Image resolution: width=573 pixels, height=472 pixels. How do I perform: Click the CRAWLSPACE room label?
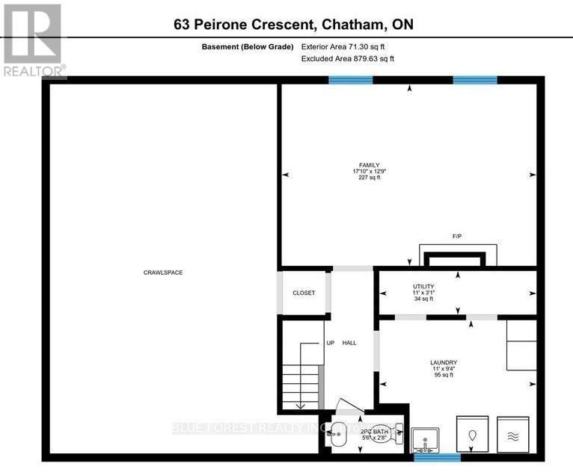click(163, 273)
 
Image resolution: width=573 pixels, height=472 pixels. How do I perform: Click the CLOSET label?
click(304, 293)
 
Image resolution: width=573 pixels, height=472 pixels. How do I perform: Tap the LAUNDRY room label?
click(444, 363)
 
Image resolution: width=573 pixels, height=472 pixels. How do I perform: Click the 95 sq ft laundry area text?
click(444, 375)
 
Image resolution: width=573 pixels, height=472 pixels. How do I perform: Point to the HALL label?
click(349, 343)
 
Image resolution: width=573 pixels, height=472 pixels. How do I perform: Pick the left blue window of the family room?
click(351, 80)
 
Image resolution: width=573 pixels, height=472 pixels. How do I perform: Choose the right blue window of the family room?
click(475, 80)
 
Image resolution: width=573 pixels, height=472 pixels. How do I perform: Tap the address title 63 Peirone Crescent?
click(292, 25)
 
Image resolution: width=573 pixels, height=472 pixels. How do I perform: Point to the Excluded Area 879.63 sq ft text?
click(347, 58)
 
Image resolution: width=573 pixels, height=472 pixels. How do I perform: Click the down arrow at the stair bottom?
click(300, 406)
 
